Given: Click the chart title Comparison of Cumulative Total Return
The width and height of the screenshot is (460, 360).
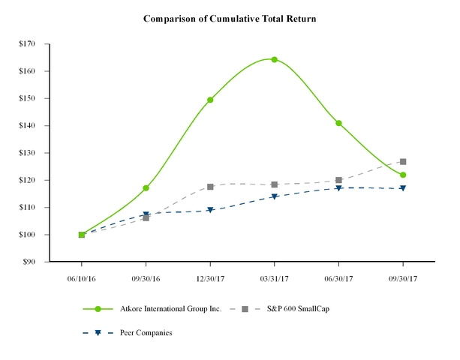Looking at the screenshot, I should (230, 17).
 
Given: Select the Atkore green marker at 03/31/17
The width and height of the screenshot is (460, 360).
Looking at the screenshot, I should (274, 59).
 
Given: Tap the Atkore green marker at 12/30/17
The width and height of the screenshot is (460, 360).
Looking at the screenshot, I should (210, 100).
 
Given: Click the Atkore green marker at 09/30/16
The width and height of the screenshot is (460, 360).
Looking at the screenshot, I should (146, 188).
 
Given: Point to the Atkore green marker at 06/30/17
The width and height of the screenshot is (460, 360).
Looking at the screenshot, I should (338, 123).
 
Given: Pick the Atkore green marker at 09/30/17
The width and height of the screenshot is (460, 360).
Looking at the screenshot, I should (403, 175).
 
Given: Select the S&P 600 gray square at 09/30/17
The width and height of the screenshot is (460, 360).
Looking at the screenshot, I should (403, 161).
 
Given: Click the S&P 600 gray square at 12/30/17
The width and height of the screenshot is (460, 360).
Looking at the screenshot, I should (210, 187).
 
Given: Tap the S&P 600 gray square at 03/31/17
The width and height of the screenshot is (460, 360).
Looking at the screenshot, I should (274, 184).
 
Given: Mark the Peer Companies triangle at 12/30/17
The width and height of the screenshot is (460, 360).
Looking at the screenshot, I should (210, 211).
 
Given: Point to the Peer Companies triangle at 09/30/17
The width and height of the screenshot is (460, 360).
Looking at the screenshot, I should (403, 188).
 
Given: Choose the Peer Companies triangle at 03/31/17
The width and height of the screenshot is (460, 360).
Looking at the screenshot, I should (274, 197).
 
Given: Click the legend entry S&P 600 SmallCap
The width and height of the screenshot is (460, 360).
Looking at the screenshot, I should (299, 309).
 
